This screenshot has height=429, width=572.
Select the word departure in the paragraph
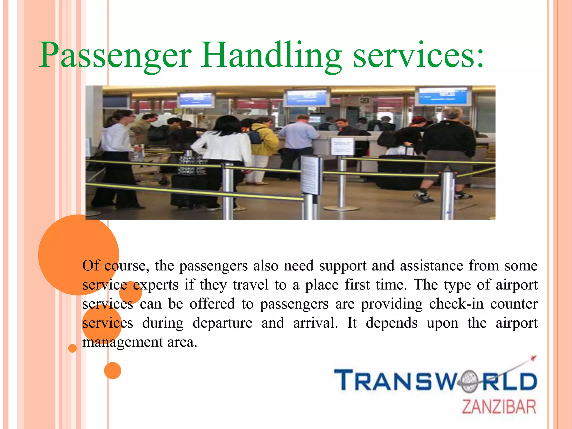(x=222, y=323)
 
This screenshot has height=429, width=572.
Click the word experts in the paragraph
(x=156, y=285)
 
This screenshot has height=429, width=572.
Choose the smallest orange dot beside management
(x=73, y=348)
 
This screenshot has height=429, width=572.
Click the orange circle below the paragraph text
(x=113, y=371)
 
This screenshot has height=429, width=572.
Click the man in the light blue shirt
(x=299, y=140)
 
